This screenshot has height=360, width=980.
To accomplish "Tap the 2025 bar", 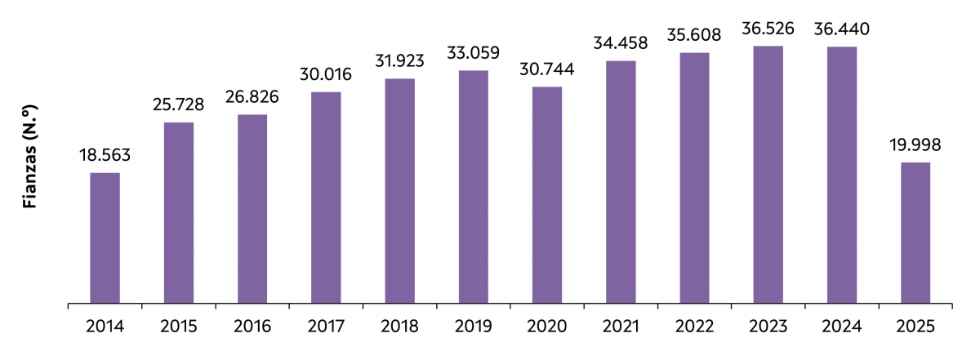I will (x=915, y=233).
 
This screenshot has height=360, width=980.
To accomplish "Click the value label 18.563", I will (x=105, y=155).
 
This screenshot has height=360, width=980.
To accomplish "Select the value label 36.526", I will (x=768, y=29).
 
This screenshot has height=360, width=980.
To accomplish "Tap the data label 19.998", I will (x=915, y=145).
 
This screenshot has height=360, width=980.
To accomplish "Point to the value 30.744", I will (x=547, y=69).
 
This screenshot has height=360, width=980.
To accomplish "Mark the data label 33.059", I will (x=474, y=53).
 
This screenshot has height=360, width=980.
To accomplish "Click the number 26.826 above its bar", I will (x=252, y=97).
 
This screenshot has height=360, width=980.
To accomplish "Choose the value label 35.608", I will (x=695, y=35).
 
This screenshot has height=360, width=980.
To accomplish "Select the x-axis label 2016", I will (x=252, y=327).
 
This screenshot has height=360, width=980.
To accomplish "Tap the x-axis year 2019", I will (x=474, y=327).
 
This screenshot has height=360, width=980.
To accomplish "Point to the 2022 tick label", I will (x=695, y=327).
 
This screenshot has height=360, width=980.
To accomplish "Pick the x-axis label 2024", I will (x=842, y=327).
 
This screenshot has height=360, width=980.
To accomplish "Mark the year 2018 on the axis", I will (x=400, y=327).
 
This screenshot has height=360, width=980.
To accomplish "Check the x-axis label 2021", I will (x=621, y=327).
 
